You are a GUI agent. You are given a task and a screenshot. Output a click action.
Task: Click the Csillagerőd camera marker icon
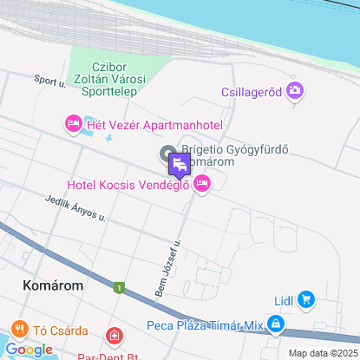click(x=295, y=89)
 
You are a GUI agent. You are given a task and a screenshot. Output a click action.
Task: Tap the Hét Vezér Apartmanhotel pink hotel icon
click(x=73, y=125)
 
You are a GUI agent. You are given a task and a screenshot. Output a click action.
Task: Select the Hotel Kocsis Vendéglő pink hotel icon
click(x=202, y=183)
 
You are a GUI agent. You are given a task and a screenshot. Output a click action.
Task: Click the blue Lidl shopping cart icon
click(x=305, y=301)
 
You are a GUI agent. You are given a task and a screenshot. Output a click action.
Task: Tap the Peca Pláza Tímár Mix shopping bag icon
click(x=275, y=324)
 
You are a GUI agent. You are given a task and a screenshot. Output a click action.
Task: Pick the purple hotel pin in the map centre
click(x=180, y=164)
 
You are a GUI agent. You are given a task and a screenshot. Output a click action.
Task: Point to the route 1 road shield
click(x=118, y=287)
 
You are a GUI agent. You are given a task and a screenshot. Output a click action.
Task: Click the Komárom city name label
click(x=53, y=285)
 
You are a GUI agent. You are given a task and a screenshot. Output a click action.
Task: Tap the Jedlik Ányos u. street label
click(x=75, y=210)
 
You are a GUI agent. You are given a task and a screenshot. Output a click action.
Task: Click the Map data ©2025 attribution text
click(x=323, y=353)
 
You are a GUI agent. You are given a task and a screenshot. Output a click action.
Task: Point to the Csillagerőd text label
click(x=252, y=90)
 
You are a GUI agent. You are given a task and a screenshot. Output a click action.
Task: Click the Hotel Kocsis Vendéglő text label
click(x=128, y=184)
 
